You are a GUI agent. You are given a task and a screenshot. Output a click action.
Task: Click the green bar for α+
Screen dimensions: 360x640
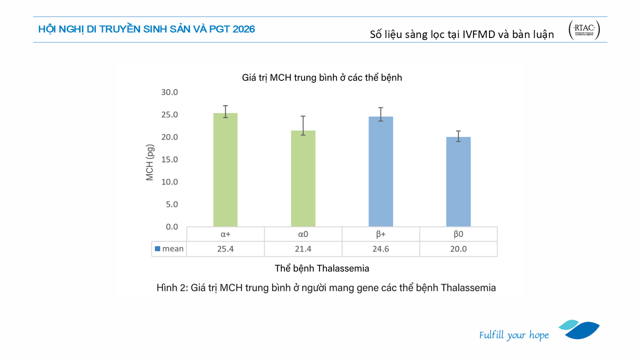pos(225,170)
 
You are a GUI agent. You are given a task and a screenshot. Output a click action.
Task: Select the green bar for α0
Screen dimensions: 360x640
pos(303,178)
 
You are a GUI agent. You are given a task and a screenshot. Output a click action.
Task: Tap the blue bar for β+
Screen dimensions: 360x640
pos(380,171)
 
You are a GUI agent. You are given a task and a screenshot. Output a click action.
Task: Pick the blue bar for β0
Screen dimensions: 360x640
pos(458,181)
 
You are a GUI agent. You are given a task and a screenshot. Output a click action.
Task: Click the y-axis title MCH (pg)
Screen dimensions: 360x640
pos(150,162)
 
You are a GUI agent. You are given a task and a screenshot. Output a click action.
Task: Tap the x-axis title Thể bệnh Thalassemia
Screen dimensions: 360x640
pos(322,268)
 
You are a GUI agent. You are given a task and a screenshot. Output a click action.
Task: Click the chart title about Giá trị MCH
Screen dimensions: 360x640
pos(322,77)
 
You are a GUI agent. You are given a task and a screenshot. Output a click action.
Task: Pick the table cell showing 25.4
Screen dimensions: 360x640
pos(225,249)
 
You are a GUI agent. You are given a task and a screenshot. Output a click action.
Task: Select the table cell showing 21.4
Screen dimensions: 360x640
pos(303,249)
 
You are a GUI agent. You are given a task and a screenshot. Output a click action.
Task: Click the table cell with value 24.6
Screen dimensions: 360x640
pos(380,249)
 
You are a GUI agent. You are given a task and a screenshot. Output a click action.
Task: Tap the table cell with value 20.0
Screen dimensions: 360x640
pos(458,249)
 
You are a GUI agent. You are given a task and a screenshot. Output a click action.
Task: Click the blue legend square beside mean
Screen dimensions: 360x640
pos(157,248)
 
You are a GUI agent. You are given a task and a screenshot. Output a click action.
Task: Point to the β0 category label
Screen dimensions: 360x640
pos(458,234)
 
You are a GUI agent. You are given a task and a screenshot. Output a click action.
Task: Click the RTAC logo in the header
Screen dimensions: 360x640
pos(584,30)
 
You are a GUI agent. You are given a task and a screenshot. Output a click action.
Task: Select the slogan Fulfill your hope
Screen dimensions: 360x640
pos(513,335)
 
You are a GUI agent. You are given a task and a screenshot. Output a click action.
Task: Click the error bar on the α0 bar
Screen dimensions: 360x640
pos(303,125)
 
